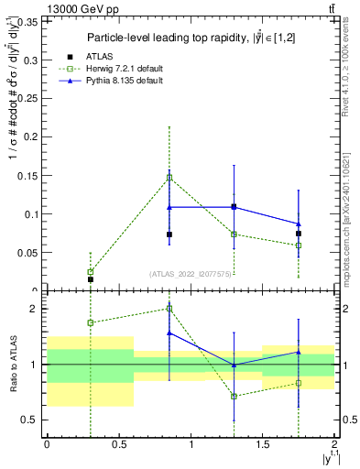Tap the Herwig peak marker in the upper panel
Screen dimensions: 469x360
click(169, 178)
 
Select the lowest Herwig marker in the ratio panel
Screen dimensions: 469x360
click(235, 396)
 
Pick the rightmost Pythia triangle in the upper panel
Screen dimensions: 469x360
click(299, 224)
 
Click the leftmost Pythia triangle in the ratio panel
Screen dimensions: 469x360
click(169, 333)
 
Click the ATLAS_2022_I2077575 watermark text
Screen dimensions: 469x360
click(190, 274)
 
